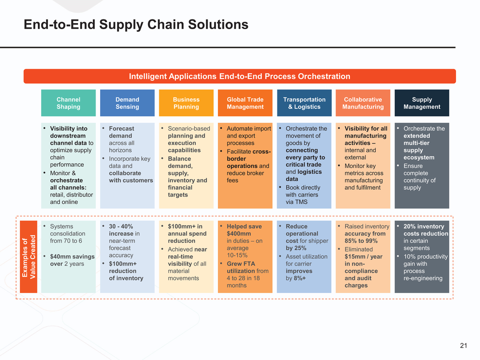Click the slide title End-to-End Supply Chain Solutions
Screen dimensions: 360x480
tap(136, 24)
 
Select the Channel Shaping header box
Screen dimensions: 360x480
tap(68, 103)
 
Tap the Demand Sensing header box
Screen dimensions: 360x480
tap(127, 103)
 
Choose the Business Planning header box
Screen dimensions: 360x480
tap(186, 103)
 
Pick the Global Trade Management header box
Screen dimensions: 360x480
tap(245, 103)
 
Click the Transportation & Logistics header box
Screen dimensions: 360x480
tap(304, 103)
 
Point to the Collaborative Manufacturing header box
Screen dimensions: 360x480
tap(363, 103)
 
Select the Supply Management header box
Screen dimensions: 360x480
tap(422, 103)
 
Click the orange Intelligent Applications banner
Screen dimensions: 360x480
tap(240, 76)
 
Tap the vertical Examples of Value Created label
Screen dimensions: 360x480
tap(29, 257)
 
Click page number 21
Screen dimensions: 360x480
tap(463, 346)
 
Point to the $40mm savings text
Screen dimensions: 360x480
tap(72, 257)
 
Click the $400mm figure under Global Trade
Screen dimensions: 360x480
tap(239, 234)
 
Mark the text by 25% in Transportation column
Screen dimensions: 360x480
tap(296, 248)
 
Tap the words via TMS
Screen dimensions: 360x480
tap(296, 202)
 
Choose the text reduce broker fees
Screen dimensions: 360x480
tap(245, 177)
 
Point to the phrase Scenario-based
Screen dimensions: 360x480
tap(189, 128)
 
